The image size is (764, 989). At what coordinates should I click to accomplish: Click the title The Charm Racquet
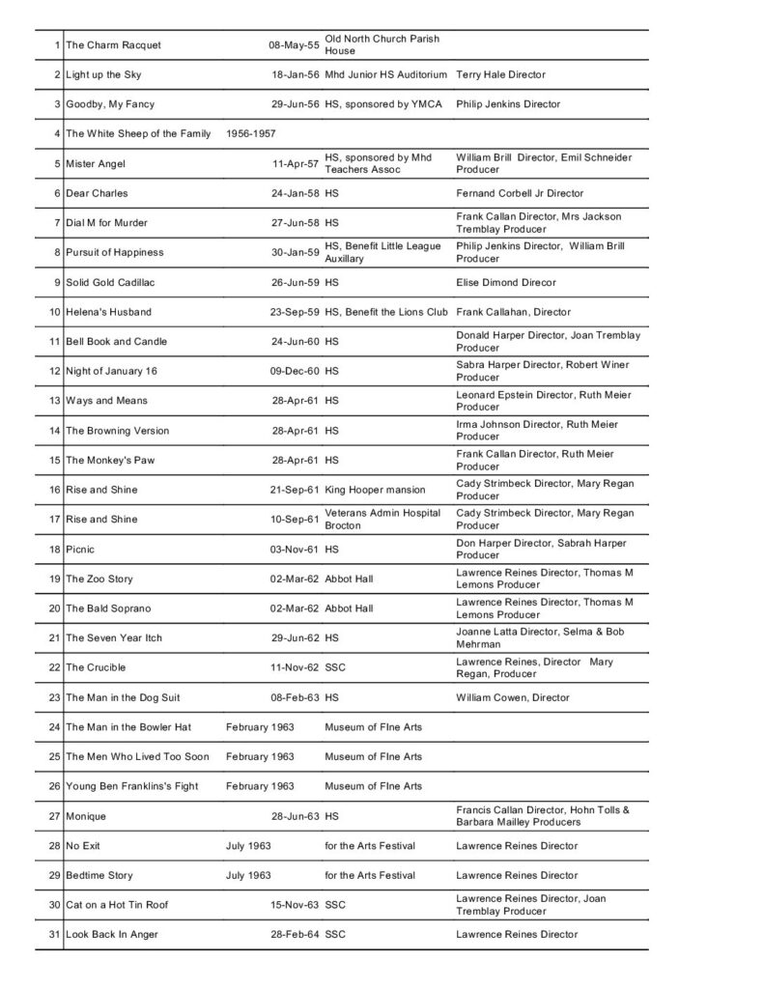(x=113, y=45)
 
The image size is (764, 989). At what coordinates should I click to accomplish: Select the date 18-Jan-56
(x=294, y=74)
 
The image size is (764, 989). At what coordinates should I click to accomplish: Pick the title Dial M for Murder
(x=106, y=223)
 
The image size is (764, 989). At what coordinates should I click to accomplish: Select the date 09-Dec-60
(x=294, y=371)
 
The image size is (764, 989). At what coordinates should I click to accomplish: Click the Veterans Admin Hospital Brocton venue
(x=383, y=519)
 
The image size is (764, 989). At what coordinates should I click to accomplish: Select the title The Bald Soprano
(x=108, y=608)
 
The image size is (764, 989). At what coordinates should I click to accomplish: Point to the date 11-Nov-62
(x=294, y=667)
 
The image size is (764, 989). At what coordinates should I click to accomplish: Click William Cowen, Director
(x=512, y=697)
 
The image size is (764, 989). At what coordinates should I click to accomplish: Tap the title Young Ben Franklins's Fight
(x=131, y=786)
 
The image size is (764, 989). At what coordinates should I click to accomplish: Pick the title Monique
(x=88, y=816)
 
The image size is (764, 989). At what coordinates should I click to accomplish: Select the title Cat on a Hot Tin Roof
(x=117, y=905)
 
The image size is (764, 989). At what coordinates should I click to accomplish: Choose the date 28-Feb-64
(x=294, y=935)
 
